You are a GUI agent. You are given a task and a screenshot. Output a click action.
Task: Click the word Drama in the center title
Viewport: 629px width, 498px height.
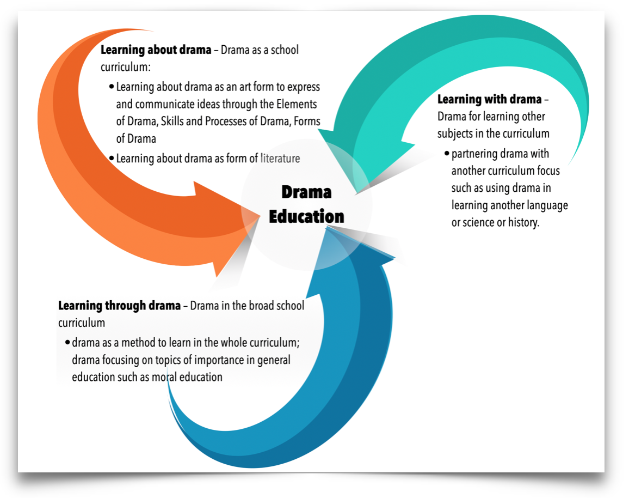306,192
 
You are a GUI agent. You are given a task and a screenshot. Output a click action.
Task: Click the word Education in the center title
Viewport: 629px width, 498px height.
306,216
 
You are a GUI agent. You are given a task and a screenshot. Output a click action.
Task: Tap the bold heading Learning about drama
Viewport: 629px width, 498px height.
156,50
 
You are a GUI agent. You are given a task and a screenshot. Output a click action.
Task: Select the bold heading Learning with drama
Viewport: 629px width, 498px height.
489,100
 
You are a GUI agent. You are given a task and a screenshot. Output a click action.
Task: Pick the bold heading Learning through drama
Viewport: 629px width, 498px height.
119,306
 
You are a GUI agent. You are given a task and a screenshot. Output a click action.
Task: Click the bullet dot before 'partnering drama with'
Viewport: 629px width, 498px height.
447,154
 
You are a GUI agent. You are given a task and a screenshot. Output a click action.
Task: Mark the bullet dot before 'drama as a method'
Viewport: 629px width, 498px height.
67,343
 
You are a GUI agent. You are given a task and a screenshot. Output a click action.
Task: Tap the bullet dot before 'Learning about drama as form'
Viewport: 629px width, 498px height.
112,159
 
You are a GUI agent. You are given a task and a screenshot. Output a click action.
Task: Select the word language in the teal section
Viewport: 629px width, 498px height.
547,205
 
